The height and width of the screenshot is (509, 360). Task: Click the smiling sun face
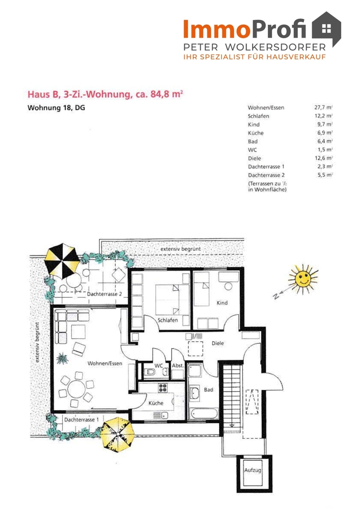pos(303,278)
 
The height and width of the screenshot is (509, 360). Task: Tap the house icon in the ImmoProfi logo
pos(326,29)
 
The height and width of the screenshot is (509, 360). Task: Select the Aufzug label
pos(253,470)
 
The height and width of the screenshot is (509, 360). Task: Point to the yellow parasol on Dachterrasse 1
pos(117,434)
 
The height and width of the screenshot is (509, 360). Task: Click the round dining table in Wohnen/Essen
pos(76,388)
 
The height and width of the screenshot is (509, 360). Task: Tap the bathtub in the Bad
pos(204,413)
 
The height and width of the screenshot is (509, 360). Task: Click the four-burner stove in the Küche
pos(162,387)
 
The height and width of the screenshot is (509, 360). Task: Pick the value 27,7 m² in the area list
pos(323,107)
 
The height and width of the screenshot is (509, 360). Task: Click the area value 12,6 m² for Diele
pos(323,158)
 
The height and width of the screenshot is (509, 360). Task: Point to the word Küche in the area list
pos(256,133)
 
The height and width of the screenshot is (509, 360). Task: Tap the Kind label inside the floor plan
pos(222,303)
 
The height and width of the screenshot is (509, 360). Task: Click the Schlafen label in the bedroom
pos(168,320)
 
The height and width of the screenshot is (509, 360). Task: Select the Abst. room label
pos(178,365)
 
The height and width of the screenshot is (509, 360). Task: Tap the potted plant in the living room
pos(62,359)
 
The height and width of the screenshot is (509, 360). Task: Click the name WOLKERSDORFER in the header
pos(275,47)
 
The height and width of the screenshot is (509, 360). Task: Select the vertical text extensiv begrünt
pos(37,343)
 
